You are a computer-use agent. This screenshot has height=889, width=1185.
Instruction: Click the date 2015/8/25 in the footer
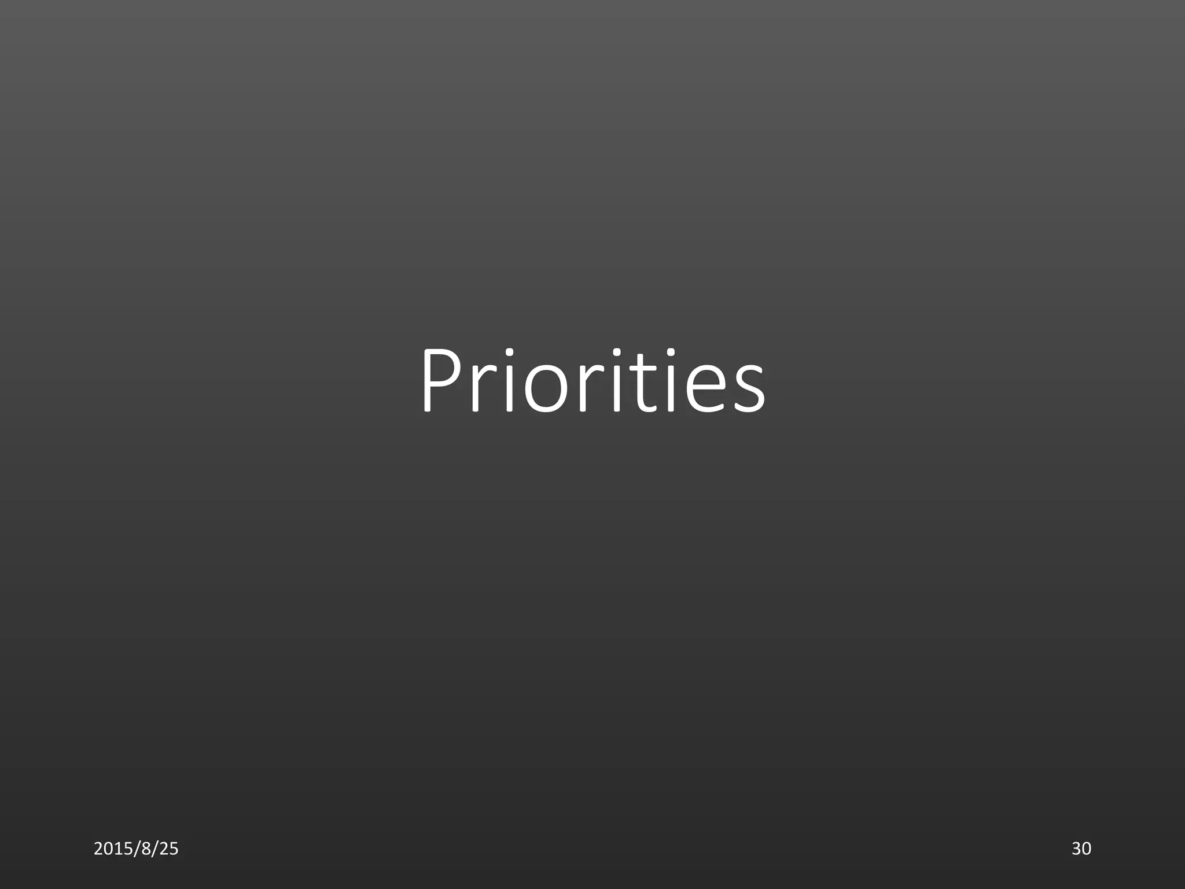pos(136,848)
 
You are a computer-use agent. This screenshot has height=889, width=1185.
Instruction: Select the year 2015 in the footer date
pos(111,848)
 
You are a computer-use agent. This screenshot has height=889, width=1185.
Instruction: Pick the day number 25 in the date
pos(168,848)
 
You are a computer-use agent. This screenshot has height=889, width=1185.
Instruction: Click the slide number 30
pos(1081,848)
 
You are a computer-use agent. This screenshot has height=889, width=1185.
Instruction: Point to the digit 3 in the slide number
pos(1076,848)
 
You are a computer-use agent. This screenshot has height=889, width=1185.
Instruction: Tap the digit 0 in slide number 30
pos(1087,848)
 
